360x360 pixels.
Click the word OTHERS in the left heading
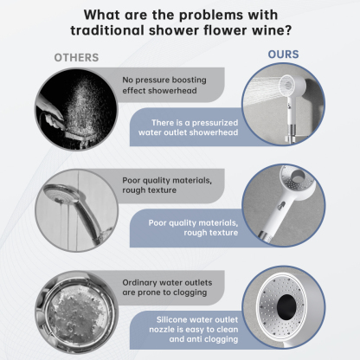(76, 58)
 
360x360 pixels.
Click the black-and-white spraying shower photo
(74, 109)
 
